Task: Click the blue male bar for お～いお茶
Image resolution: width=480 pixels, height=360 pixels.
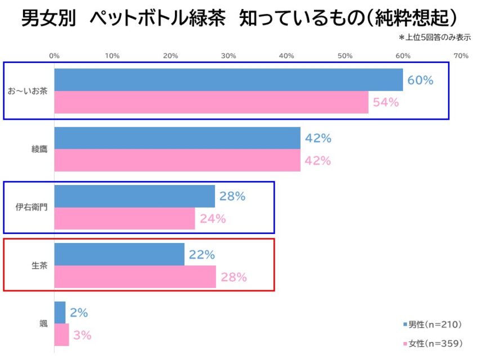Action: pos(228,80)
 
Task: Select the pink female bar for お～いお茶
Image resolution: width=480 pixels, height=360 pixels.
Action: pos(211,102)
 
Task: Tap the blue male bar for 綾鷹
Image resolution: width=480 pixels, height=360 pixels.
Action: pos(177,138)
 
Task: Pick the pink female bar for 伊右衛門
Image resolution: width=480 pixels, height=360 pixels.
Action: pos(124,219)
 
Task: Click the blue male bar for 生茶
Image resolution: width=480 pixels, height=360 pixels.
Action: pos(119,254)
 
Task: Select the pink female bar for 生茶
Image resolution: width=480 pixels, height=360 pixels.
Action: pos(135,277)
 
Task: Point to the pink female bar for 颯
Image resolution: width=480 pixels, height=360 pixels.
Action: pos(61,335)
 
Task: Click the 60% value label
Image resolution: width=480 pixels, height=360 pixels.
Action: pos(420,80)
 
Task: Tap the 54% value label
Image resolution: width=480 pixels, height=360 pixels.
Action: pos(385,103)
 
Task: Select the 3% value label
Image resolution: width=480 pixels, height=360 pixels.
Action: pos(82,335)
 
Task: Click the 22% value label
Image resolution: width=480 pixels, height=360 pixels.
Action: pos(201,255)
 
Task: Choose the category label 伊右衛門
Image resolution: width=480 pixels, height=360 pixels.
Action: pos(32,208)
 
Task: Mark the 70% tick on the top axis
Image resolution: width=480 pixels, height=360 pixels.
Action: pos(461,56)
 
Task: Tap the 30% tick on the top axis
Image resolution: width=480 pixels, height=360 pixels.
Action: pos(228,56)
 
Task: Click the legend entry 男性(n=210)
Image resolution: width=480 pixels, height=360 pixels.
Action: pos(433,324)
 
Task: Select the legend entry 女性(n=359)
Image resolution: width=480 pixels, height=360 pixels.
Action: pos(433,343)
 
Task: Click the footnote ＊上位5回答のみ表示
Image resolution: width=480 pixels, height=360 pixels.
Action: pos(434,38)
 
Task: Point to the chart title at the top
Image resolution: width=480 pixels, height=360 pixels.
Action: pos(239,19)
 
